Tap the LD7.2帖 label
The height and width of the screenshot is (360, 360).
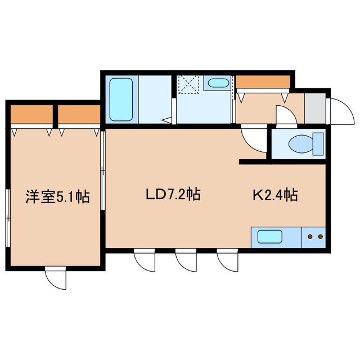173,195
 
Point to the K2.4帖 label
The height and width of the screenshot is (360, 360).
274,195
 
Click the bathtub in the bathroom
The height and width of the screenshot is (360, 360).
120,100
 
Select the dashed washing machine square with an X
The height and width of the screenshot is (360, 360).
190,85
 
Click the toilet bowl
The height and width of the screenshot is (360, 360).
298,145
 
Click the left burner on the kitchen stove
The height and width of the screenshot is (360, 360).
310,237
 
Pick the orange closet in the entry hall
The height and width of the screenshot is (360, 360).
263,82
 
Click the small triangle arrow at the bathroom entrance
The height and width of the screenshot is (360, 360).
166,119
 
